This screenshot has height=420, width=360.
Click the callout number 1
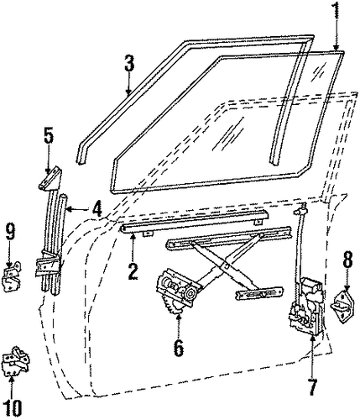[x=337, y=13]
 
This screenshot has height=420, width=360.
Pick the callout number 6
[x=179, y=348]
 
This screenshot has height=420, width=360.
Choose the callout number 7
[x=312, y=386]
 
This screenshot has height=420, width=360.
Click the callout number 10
[x=13, y=407]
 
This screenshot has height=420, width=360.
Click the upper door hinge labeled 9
[x=12, y=276]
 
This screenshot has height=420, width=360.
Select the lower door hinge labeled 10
[x=15, y=361]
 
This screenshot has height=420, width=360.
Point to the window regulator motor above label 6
[x=178, y=290]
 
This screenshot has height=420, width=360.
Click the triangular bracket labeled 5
[x=50, y=178]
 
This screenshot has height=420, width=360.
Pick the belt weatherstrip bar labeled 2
[x=195, y=221]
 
